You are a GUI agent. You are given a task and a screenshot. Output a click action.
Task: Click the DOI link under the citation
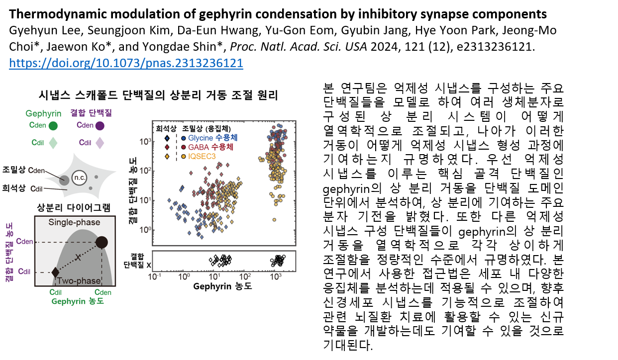point(126,63)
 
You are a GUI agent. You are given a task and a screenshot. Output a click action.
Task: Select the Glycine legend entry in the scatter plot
point(209,138)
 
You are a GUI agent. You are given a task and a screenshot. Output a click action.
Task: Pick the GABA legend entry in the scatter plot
point(207,147)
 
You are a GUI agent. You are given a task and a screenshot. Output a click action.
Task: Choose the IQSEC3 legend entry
point(199,156)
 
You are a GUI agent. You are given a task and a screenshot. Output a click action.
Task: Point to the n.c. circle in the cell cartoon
point(80,178)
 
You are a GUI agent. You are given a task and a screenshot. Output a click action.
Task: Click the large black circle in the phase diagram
point(102,242)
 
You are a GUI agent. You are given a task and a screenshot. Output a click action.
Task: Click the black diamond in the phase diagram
point(55,272)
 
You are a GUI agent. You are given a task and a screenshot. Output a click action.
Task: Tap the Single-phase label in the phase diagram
point(74,222)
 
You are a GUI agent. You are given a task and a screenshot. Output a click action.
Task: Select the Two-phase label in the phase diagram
point(79,280)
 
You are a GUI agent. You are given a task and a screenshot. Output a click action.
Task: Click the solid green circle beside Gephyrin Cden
point(53,126)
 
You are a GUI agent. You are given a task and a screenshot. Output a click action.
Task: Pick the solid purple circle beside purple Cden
point(100,126)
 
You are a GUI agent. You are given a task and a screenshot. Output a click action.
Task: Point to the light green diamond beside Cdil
point(53,143)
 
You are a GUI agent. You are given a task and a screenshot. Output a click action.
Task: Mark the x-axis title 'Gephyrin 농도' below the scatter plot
point(222,286)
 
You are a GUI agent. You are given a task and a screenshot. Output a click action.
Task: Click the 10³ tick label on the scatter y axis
point(145,142)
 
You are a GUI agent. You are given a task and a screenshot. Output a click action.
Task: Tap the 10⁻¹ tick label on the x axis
point(154,276)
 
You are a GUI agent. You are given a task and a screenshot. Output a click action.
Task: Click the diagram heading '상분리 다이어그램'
point(74,207)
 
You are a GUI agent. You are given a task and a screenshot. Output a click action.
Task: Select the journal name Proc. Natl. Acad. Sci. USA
point(299,47)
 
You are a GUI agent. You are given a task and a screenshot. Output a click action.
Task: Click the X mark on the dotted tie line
point(78,258)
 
